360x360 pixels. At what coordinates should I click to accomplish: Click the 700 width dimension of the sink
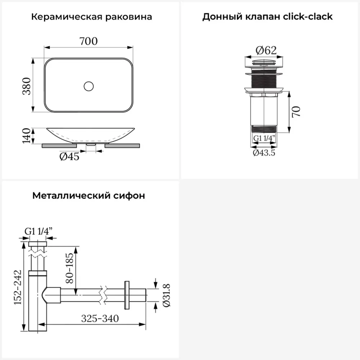pyautogui.click(x=89, y=41)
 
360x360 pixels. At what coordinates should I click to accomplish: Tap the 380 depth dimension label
pyautogui.click(x=27, y=86)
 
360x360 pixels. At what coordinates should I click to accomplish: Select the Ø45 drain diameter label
pyautogui.click(x=69, y=157)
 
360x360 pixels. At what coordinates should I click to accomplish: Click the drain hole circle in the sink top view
pyautogui.click(x=89, y=86)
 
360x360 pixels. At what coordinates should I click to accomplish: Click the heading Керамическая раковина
pyautogui.click(x=91, y=17)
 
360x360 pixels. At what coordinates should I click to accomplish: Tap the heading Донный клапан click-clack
pyautogui.click(x=267, y=17)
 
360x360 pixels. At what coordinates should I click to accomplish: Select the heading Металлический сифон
pyautogui.click(x=89, y=196)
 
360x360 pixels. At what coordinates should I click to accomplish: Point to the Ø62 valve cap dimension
pyautogui.click(x=266, y=50)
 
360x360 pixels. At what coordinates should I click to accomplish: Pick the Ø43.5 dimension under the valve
pyautogui.click(x=264, y=153)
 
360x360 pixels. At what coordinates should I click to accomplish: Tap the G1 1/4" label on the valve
pyautogui.click(x=264, y=138)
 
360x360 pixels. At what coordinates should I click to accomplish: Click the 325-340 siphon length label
pyautogui.click(x=100, y=318)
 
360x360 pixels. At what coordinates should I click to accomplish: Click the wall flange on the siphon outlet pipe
pyautogui.click(x=126, y=295)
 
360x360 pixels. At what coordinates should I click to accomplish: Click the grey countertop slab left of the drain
pyautogui.click(x=59, y=146)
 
